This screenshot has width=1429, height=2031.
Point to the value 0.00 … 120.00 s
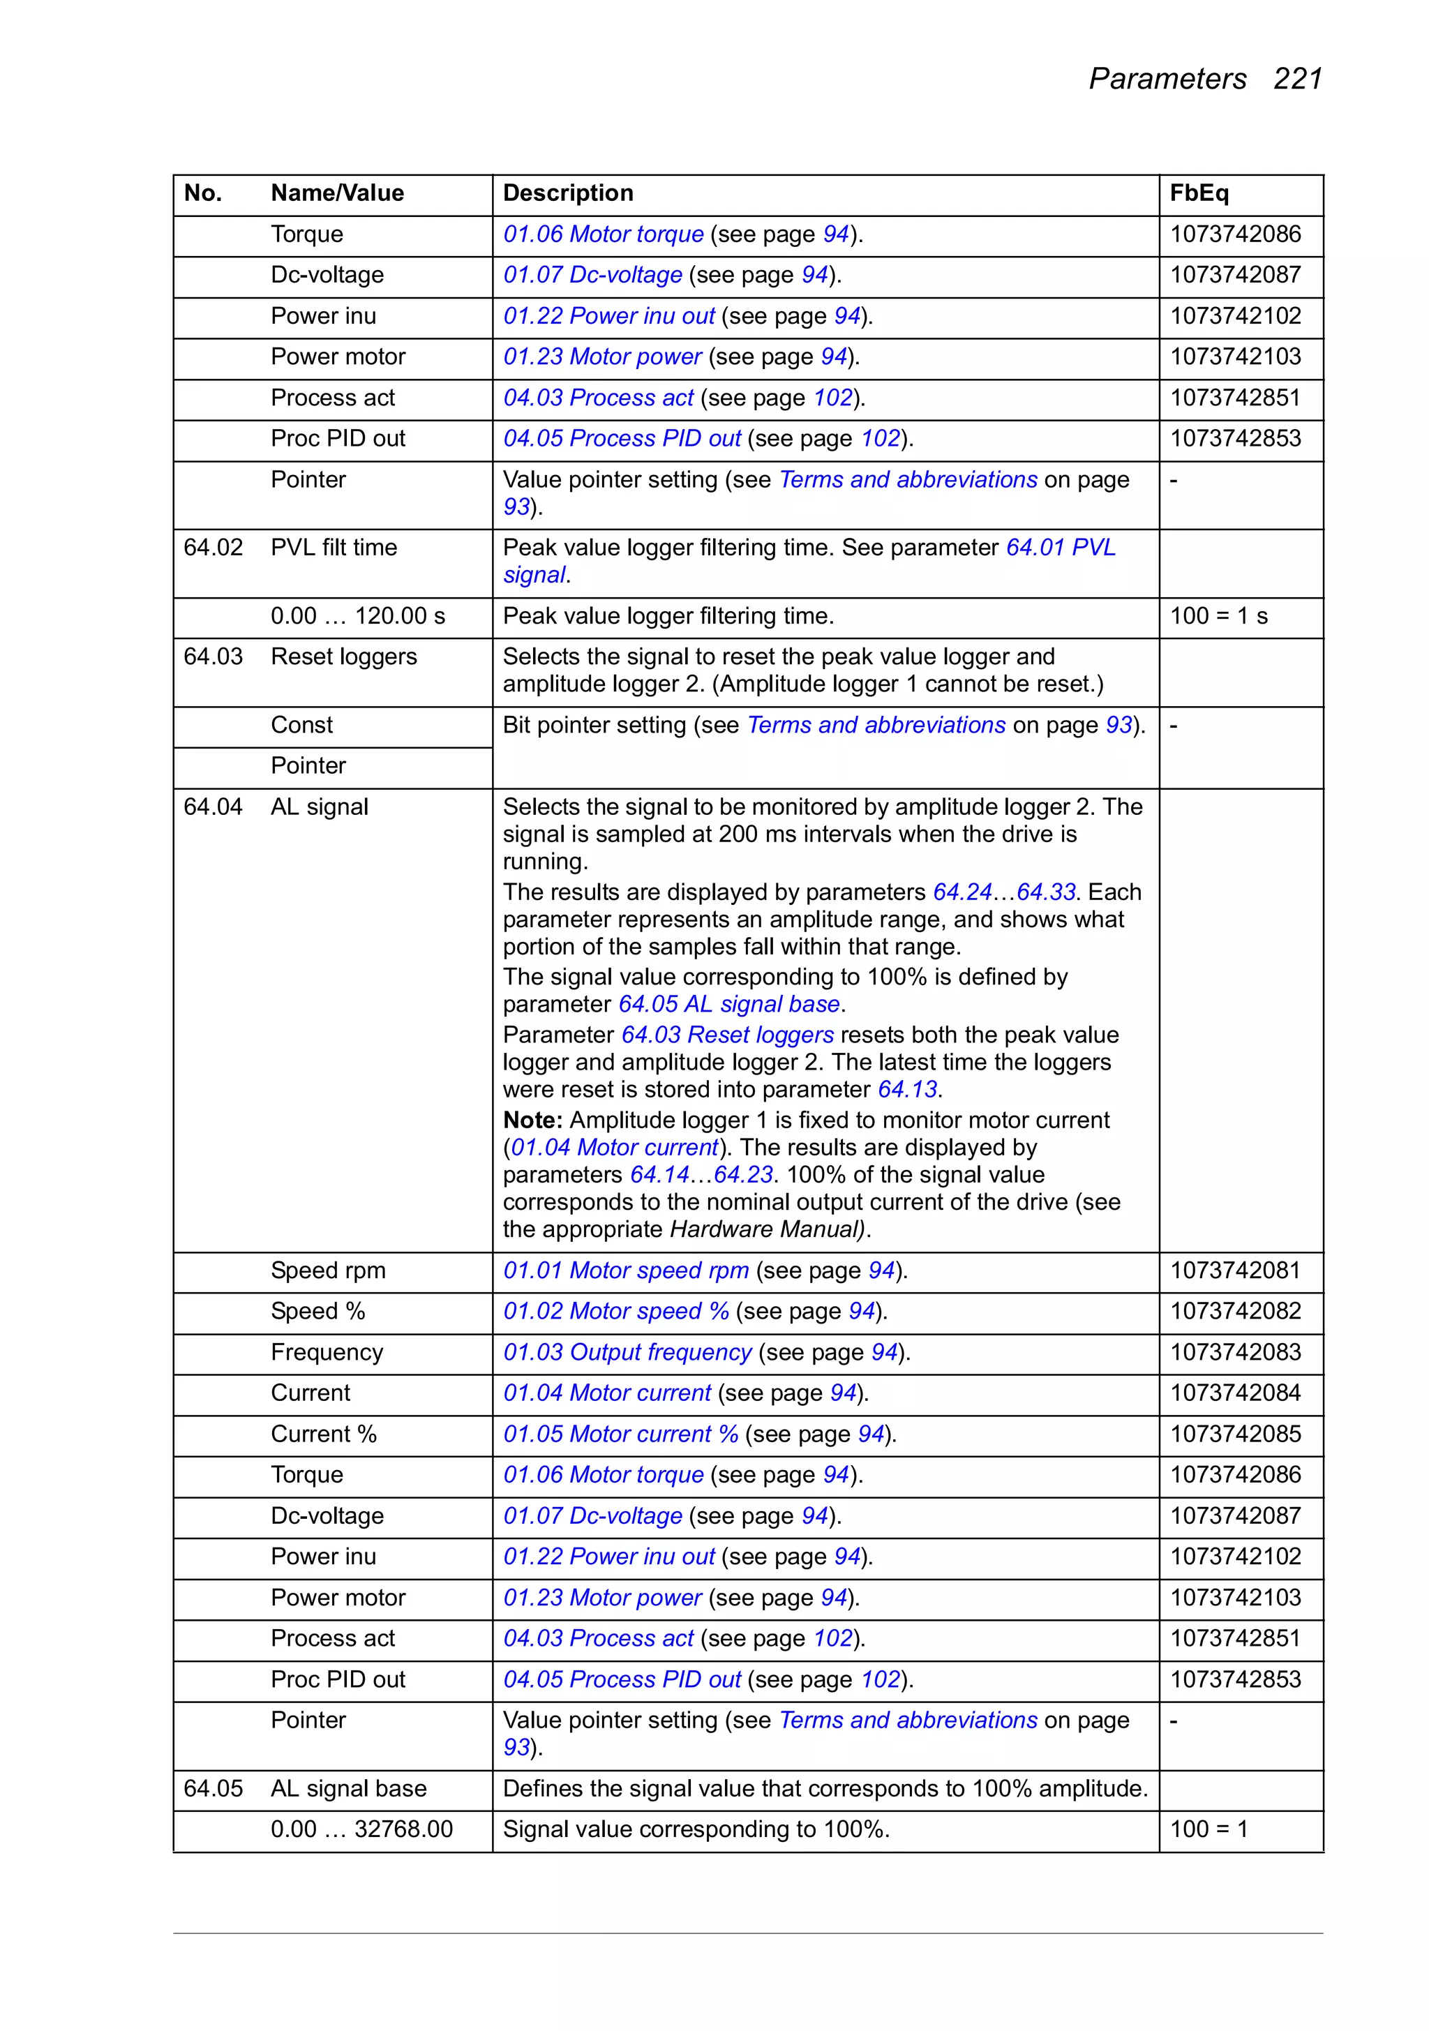(x=357, y=617)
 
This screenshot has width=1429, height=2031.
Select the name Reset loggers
(x=343, y=657)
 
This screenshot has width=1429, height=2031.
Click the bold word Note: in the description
(x=532, y=1121)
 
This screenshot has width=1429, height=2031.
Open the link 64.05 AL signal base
(x=728, y=1005)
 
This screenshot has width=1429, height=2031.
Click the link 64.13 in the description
(x=907, y=1090)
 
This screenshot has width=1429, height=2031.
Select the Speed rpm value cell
(x=327, y=1271)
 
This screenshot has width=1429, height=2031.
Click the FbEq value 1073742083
(x=1234, y=1353)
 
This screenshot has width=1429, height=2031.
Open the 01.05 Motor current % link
(x=620, y=1434)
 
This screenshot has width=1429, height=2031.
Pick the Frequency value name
(x=327, y=1353)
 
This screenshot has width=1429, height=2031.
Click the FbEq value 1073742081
(x=1234, y=1271)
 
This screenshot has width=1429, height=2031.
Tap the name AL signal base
(x=349, y=1789)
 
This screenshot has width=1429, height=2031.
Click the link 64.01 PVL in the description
(x=1060, y=548)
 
